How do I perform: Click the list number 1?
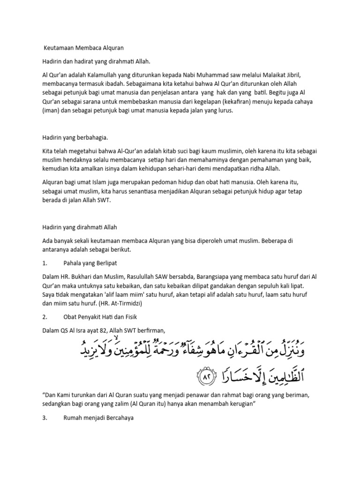coord(44,263)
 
